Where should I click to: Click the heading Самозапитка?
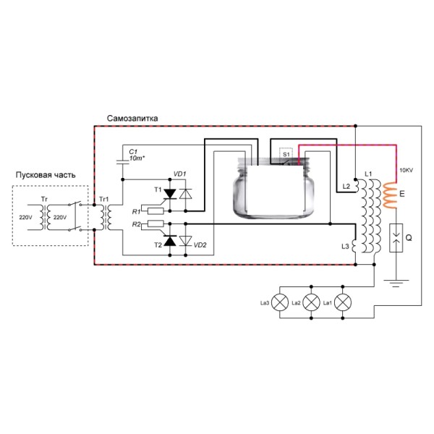click(x=132, y=117)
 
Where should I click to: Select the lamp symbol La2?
click(x=312, y=302)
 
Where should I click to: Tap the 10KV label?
click(x=406, y=171)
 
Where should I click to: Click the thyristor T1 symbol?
click(x=170, y=193)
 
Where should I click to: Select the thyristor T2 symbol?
click(x=170, y=242)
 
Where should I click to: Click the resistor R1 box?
click(x=153, y=210)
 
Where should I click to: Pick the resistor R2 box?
click(x=153, y=226)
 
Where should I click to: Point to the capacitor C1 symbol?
click(x=124, y=160)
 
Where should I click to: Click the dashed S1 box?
click(x=286, y=154)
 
